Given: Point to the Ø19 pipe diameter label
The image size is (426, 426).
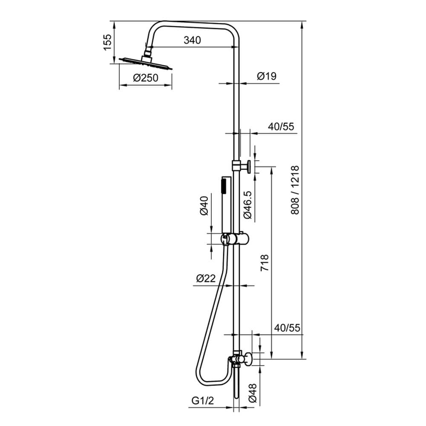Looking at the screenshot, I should (x=267, y=76).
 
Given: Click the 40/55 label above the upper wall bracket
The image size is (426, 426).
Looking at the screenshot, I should (x=281, y=127).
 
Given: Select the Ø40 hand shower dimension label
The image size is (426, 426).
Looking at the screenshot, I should (x=204, y=205).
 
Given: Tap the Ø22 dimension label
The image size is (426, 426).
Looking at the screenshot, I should (x=206, y=278).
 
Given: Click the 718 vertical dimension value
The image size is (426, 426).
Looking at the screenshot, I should (x=264, y=264).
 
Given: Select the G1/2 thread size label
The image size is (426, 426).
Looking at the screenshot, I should (x=201, y=401).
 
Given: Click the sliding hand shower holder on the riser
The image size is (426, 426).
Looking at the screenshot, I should (x=232, y=239).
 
